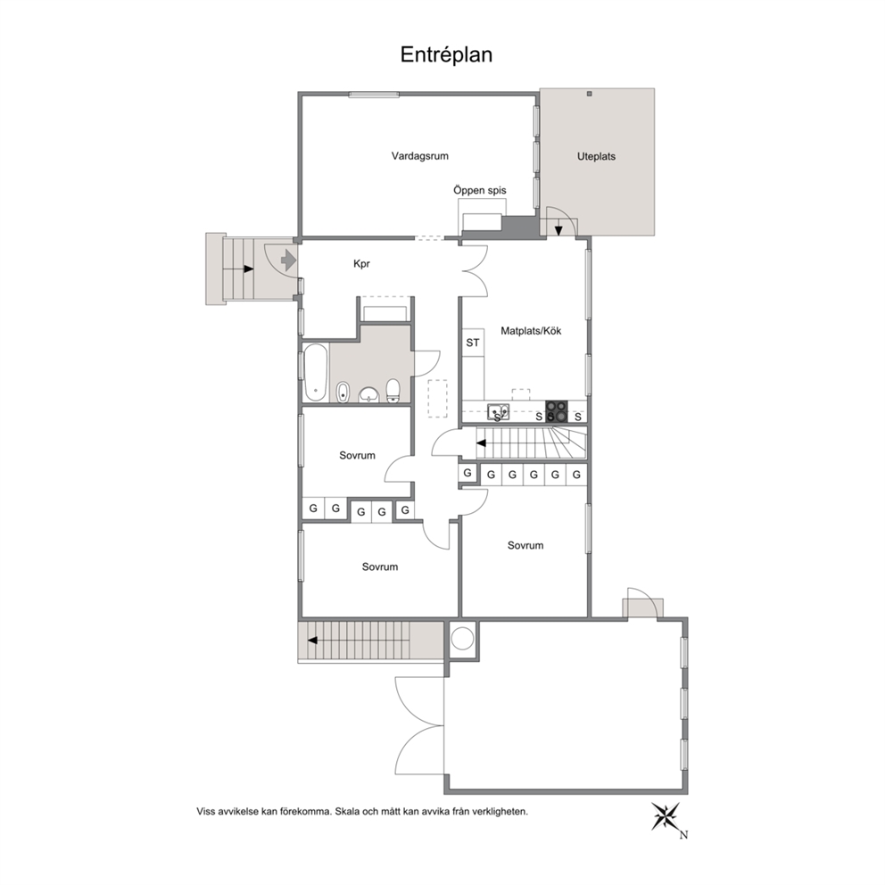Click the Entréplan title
[x=446, y=54]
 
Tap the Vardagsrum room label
[x=420, y=156]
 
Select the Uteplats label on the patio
[x=596, y=156]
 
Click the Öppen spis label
[x=480, y=191]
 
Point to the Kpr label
[x=362, y=263]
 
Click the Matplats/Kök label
[x=531, y=331]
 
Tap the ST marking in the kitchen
[x=473, y=343]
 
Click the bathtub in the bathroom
[x=316, y=373]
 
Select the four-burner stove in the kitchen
[x=557, y=411]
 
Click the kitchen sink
[x=499, y=412]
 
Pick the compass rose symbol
[x=666, y=816]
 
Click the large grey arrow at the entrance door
[x=288, y=261]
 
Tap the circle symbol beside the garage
[x=463, y=639]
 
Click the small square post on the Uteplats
[x=589, y=94]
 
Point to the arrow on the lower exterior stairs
[x=312, y=641]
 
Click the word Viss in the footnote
[x=207, y=812]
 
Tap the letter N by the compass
[x=683, y=835]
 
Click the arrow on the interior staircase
[x=482, y=443]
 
